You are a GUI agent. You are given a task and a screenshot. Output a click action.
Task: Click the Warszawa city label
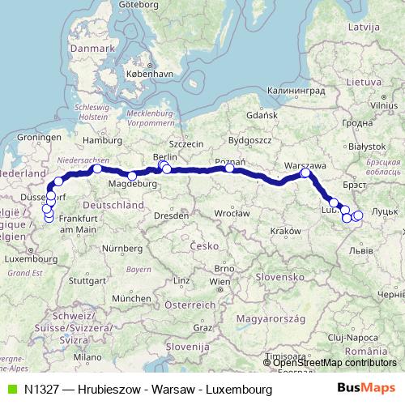click(305, 164)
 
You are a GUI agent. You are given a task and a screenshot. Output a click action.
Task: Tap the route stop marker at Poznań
click(230, 168)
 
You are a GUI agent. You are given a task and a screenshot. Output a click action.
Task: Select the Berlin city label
click(164, 157)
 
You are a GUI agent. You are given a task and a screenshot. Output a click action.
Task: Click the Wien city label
click(219, 282)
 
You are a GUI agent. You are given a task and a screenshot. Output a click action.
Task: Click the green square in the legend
click(11, 390)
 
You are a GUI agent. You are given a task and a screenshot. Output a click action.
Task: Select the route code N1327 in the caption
click(45, 390)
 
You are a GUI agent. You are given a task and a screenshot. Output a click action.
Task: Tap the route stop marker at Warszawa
click(305, 173)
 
